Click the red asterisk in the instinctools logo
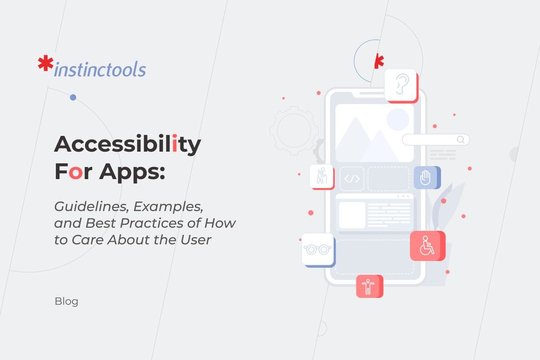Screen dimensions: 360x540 pyautogui.click(x=45, y=64)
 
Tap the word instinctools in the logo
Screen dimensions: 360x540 pyautogui.click(x=100, y=70)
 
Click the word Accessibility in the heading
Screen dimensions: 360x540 pyautogui.click(x=127, y=144)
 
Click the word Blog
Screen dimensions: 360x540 pyautogui.click(x=67, y=301)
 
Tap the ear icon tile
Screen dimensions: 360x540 pyautogui.click(x=400, y=85)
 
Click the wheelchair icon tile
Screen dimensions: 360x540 pyautogui.click(x=426, y=246)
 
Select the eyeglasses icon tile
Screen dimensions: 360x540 pyautogui.click(x=318, y=249)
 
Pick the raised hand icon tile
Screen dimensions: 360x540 pyautogui.click(x=425, y=177)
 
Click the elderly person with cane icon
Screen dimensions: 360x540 pyautogui.click(x=321, y=175)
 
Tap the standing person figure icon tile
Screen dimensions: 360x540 pyautogui.click(x=368, y=286)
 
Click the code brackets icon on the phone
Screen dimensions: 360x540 pyautogui.click(x=351, y=179)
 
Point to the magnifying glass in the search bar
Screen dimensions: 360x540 pyautogui.click(x=460, y=139)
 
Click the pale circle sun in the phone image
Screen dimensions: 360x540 pyautogui.click(x=398, y=119)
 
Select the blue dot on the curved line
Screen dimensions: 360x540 pyautogui.click(x=73, y=97)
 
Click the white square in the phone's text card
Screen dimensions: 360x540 pyautogui.click(x=352, y=215)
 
